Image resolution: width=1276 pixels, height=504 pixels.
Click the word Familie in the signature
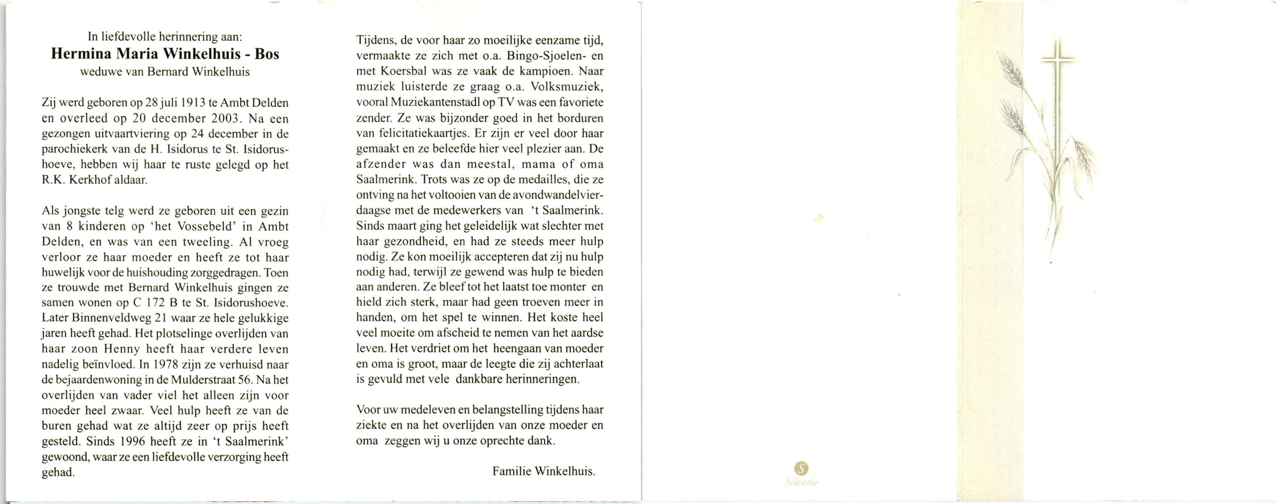click(511, 471)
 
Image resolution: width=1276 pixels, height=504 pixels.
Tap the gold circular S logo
click(801, 467)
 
